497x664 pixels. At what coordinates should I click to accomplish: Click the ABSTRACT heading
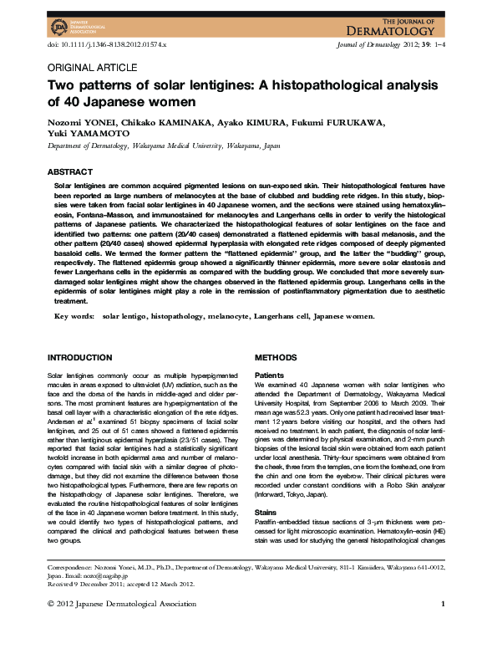[x=69, y=171]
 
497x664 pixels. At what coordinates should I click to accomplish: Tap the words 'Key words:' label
[x=74, y=316]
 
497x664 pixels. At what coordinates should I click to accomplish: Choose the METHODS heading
[x=276, y=357]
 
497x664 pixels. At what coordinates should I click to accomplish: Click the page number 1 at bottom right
[x=443, y=626]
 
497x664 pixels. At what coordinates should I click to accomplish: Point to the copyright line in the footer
[x=122, y=626]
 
